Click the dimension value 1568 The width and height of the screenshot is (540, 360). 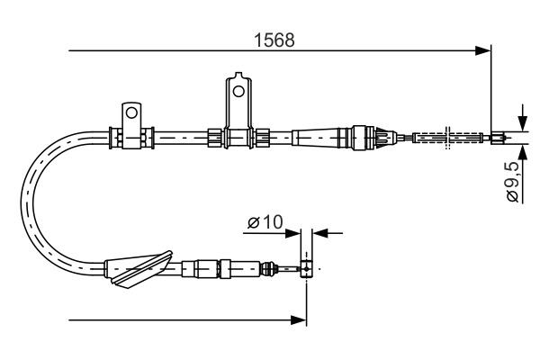[x=274, y=40]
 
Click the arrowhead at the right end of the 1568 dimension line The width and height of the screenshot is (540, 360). [x=484, y=50]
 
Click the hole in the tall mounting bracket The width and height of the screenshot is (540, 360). [x=238, y=90]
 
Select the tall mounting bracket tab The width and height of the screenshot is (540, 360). [x=238, y=99]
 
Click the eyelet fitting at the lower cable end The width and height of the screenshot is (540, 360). [x=307, y=268]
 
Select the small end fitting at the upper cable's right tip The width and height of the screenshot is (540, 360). [x=497, y=138]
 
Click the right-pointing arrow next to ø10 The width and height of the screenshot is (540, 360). [x=295, y=232]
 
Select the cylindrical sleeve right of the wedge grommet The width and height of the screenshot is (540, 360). [x=207, y=268]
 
